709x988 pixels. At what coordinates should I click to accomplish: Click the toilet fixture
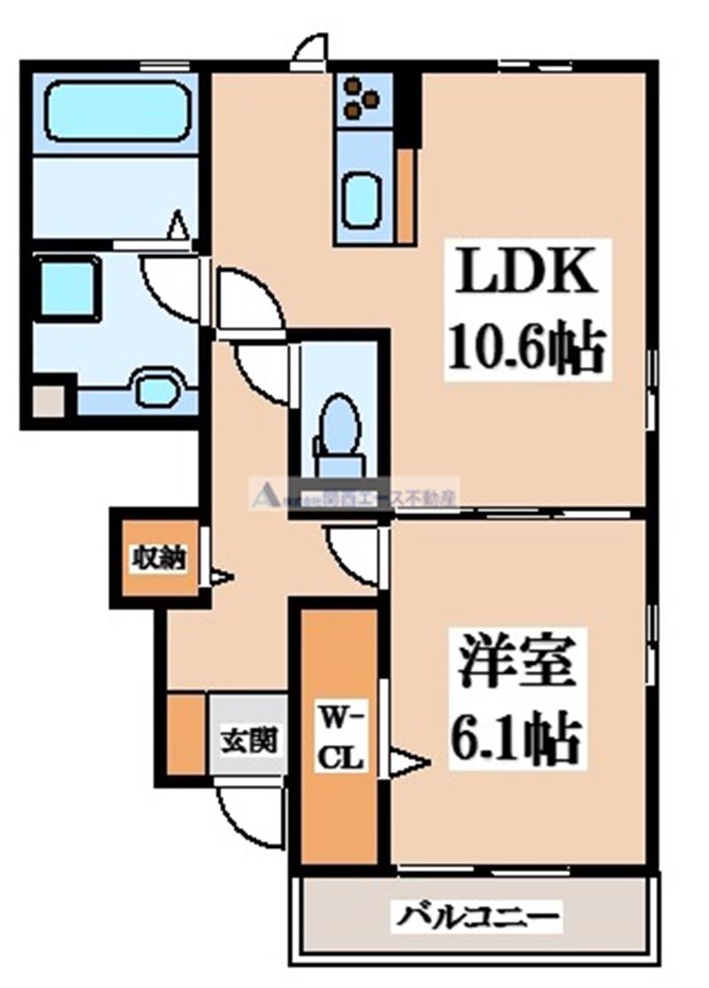pyautogui.click(x=337, y=424)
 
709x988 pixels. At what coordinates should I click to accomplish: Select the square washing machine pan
pyautogui.click(x=67, y=287)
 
